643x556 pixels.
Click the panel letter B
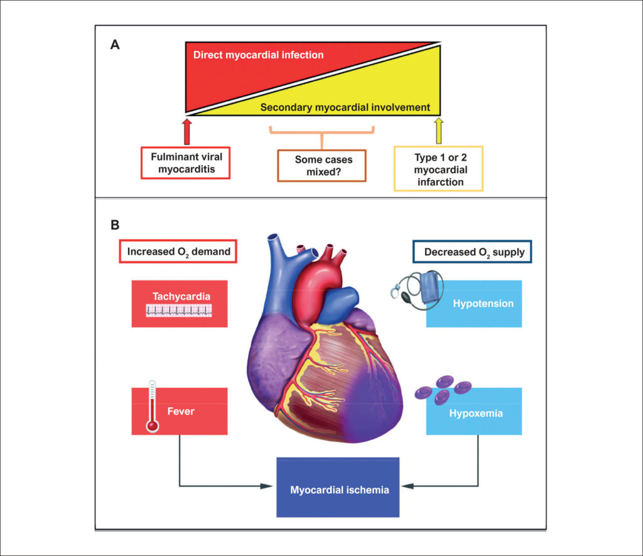pos(115,223)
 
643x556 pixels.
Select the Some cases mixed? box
pos(321,165)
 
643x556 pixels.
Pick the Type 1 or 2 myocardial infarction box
pos(438,168)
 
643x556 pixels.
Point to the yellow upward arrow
pos(438,131)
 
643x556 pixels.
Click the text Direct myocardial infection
pos(258,55)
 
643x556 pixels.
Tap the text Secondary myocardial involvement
pos(345,107)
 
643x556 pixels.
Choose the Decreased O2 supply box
pos(472,252)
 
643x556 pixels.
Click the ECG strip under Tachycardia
pos(179,310)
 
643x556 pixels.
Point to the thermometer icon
pos(151,407)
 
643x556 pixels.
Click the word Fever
pos(181,412)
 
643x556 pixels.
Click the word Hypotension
pos(483,304)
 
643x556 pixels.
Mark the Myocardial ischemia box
pos(338,488)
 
